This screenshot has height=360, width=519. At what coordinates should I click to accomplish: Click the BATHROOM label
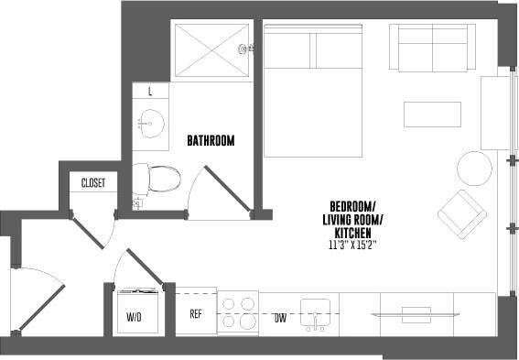(x=211, y=141)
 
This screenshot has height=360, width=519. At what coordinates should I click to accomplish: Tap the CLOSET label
(x=93, y=182)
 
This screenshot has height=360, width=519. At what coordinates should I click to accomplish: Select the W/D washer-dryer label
(x=135, y=316)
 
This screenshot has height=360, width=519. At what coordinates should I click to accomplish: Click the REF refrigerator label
(x=196, y=313)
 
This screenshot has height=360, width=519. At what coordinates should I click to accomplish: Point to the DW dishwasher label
(x=279, y=317)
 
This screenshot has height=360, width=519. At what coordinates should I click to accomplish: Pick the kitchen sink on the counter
(x=315, y=312)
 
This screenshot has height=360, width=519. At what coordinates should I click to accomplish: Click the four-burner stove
(x=238, y=311)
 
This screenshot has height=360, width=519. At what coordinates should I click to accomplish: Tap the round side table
(x=474, y=168)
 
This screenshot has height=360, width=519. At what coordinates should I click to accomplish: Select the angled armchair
(x=462, y=213)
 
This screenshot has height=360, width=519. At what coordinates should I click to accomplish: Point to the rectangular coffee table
(x=432, y=114)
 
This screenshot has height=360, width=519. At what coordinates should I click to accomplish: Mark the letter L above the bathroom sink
(x=150, y=92)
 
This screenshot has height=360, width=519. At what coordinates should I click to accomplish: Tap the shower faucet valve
(x=243, y=49)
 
